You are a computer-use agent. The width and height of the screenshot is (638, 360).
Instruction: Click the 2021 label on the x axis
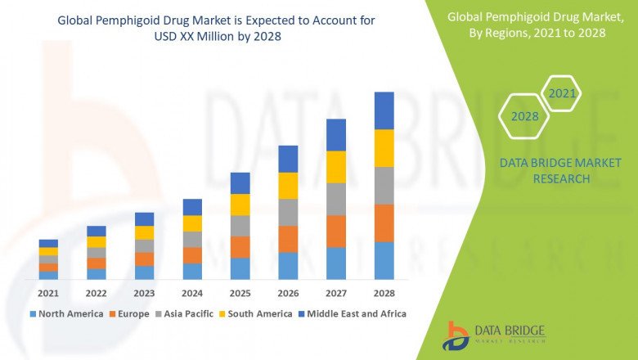coord(48,293)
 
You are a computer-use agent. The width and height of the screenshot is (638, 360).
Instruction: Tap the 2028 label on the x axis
coord(384,293)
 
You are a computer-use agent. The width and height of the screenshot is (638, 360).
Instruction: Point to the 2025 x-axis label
coord(240,293)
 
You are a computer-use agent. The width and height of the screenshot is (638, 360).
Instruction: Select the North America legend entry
coord(66,313)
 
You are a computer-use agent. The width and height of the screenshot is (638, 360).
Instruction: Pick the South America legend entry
coord(257,313)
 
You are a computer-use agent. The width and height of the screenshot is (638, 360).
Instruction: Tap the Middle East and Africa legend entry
coord(356,313)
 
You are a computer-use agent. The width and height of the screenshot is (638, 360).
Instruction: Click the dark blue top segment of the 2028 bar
coord(384,110)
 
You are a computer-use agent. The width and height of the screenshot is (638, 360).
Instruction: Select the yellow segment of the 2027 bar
coord(335,167)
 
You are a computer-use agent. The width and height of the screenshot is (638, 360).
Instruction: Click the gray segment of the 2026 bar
coord(288,212)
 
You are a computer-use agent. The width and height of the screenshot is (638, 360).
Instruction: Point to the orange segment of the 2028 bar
coord(384,223)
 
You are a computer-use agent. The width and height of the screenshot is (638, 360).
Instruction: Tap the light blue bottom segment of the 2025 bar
coord(240,268)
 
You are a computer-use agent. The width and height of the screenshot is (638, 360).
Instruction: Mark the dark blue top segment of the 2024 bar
coord(192,207)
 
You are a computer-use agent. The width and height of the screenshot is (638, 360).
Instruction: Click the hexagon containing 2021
coord(562,94)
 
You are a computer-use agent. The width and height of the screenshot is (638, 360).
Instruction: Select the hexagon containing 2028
coord(524,116)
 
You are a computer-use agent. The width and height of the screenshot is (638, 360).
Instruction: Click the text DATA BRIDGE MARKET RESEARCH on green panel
coord(544,171)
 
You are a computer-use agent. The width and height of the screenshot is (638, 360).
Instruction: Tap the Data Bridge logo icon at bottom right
coord(455,335)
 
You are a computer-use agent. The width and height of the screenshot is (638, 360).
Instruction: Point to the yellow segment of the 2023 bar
coord(144,232)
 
